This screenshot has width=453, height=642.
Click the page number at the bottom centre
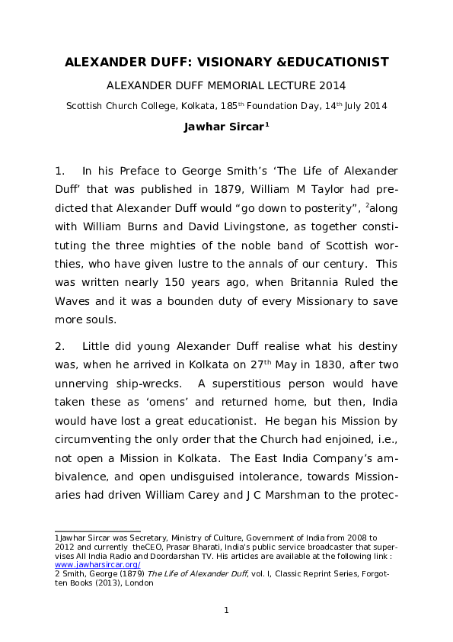pyautogui.click(x=226, y=609)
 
